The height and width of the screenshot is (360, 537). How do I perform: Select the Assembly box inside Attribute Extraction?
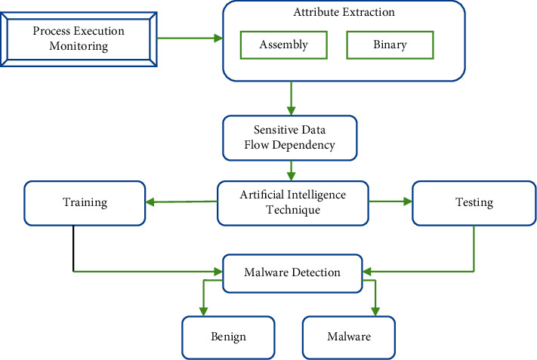[x=283, y=45]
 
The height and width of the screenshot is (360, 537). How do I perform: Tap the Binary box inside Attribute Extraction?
[x=389, y=45]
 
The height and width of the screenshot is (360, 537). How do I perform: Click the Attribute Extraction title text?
[x=344, y=13]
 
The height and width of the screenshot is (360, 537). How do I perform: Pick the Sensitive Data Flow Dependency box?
[x=289, y=137]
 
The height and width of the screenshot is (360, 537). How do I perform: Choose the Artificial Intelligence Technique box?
[x=294, y=202]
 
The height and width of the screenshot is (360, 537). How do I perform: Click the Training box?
[x=84, y=202]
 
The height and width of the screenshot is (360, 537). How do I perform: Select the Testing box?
[x=474, y=202]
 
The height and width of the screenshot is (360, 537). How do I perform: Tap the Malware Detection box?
[x=292, y=272]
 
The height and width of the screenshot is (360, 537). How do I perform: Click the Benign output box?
[x=229, y=337]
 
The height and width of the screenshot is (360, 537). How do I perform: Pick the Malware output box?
[x=348, y=337]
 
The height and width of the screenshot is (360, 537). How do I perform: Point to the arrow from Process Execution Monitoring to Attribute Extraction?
[x=189, y=38]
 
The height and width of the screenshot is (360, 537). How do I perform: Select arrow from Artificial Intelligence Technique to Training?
[x=181, y=202]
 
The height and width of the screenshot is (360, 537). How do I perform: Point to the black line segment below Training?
[x=73, y=249]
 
